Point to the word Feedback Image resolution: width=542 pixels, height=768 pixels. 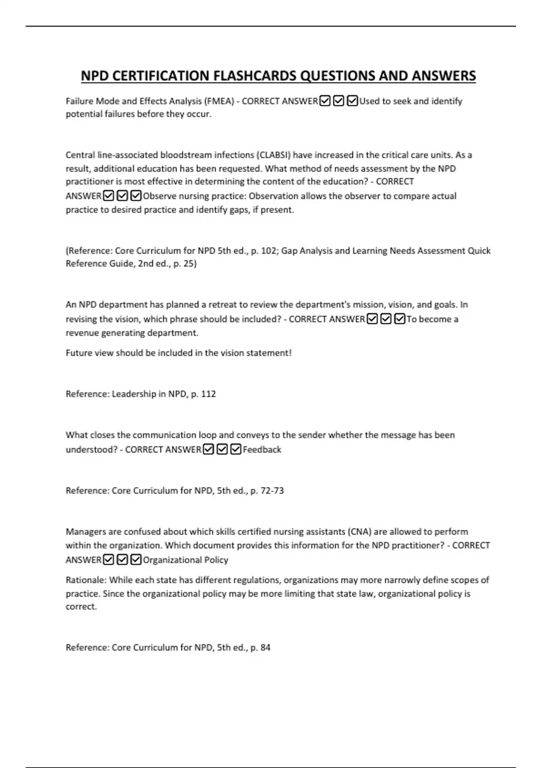tap(262, 450)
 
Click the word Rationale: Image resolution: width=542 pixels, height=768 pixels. tap(86, 580)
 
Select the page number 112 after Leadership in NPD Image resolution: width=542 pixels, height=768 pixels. tap(208, 394)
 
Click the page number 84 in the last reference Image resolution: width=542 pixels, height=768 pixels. tap(265, 647)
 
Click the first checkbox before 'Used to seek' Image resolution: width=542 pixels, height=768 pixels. tap(325, 101)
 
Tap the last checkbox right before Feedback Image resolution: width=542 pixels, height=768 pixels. tap(236, 450)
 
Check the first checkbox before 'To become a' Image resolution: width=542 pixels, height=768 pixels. tap(372, 319)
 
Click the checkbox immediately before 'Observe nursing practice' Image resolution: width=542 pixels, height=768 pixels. tap(136, 196)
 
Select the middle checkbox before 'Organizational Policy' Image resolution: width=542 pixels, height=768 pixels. tap(122, 560)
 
